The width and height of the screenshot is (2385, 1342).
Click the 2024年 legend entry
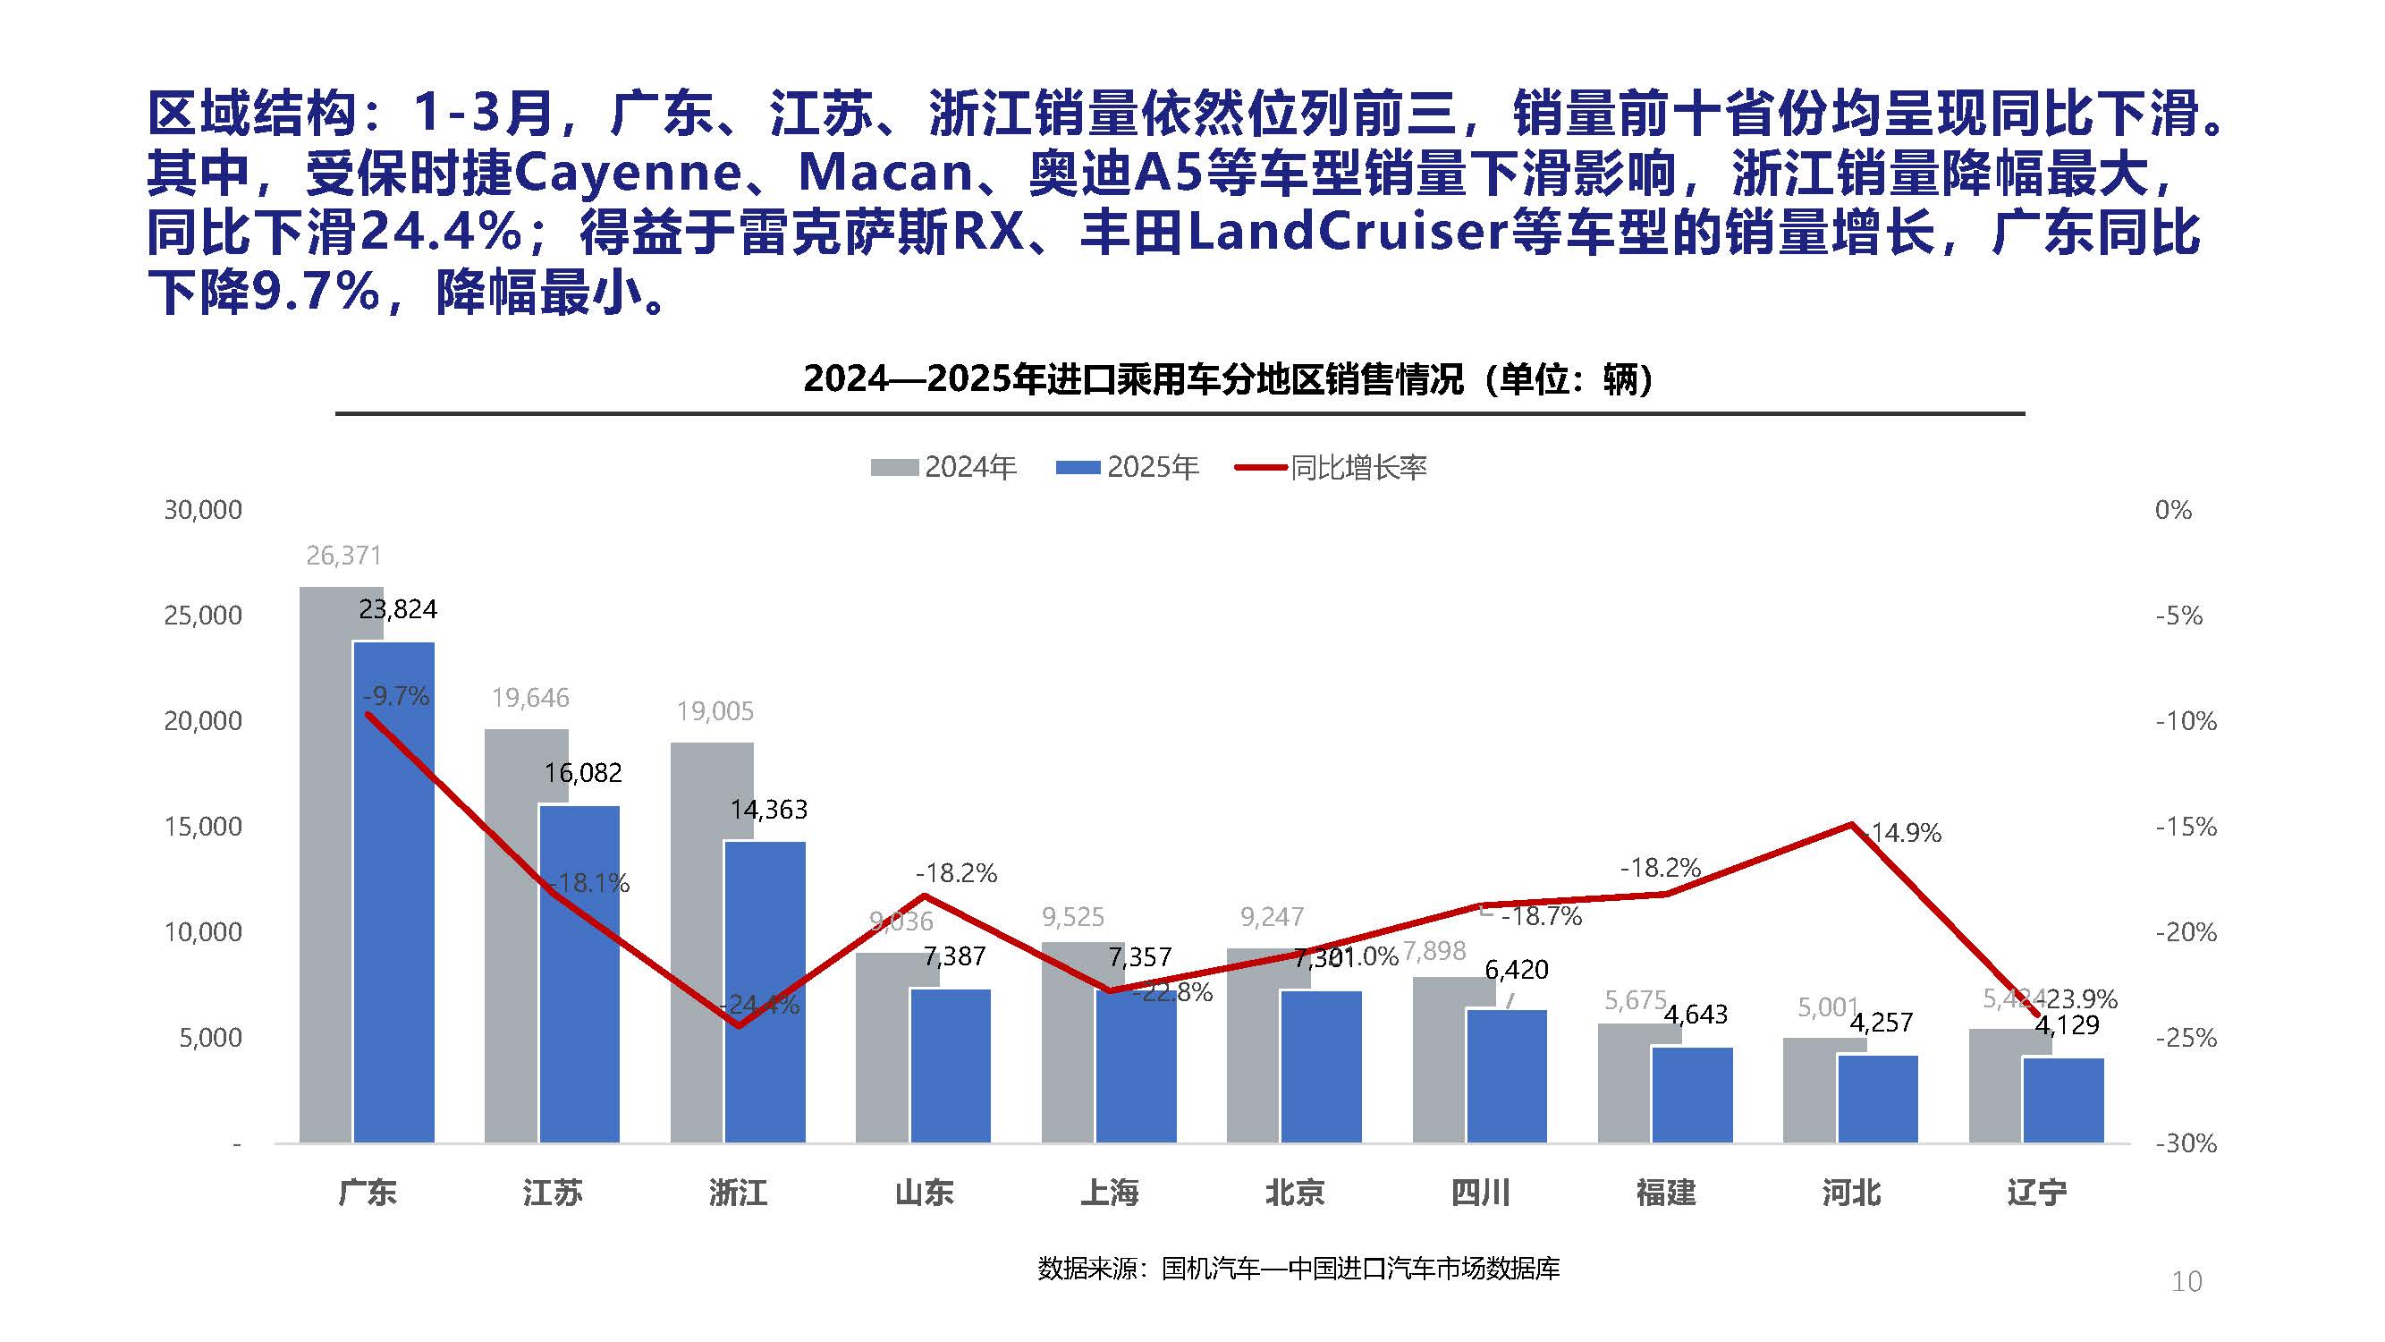944,467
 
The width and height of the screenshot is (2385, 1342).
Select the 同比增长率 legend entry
1332,467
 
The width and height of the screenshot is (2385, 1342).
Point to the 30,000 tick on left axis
203,509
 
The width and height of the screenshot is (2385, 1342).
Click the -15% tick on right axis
2185,826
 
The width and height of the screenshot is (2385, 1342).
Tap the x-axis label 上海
1109,1192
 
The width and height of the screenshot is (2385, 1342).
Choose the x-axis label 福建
1666,1192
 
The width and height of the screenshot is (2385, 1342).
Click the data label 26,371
343,556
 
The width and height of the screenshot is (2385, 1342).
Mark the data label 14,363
768,811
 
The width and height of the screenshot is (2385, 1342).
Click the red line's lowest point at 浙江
739,1025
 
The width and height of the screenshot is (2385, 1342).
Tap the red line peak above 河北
1851,824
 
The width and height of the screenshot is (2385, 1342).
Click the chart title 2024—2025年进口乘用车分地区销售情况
1228,378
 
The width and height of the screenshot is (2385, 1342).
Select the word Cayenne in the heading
628,173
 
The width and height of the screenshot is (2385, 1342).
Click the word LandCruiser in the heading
1347,232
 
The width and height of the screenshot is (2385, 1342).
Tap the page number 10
2186,1282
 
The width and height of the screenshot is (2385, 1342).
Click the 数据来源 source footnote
1298,1268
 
